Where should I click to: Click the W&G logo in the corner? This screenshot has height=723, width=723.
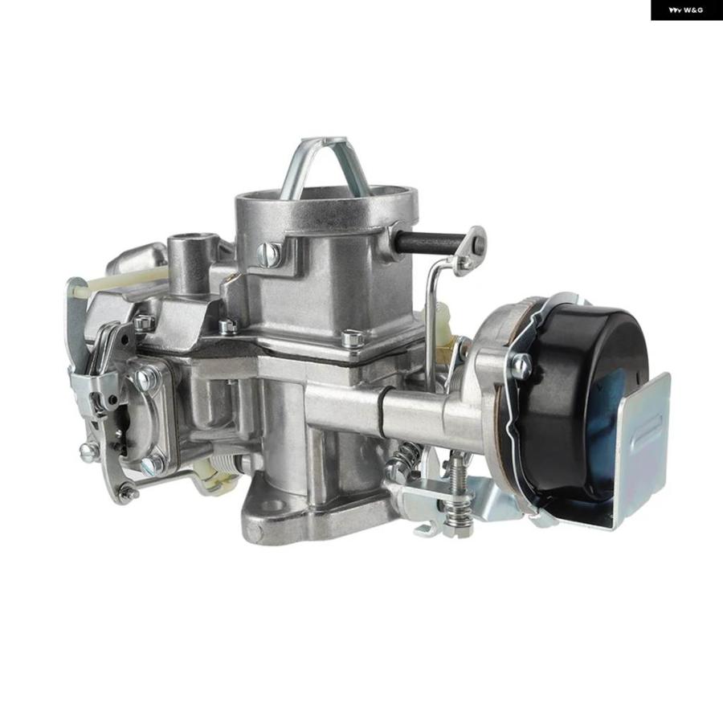point(686,10)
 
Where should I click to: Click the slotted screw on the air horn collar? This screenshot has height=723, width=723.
point(268,255)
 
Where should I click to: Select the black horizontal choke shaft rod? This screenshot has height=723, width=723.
point(429,242)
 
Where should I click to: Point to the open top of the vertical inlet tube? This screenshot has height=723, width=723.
point(189,240)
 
